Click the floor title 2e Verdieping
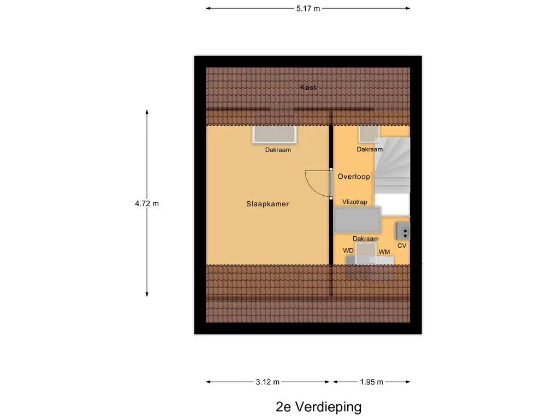318,407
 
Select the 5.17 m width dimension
308,8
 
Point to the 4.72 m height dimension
147,203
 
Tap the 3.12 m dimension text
267,382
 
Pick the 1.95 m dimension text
372,382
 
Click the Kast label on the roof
308,87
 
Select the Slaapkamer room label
267,204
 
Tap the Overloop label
354,177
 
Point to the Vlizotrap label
354,202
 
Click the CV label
402,246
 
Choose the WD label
348,250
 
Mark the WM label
384,252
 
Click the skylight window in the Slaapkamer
274,134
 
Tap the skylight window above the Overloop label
369,134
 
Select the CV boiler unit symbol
402,231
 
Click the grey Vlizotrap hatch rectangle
358,221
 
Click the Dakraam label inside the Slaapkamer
278,149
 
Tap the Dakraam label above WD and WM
366,239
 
